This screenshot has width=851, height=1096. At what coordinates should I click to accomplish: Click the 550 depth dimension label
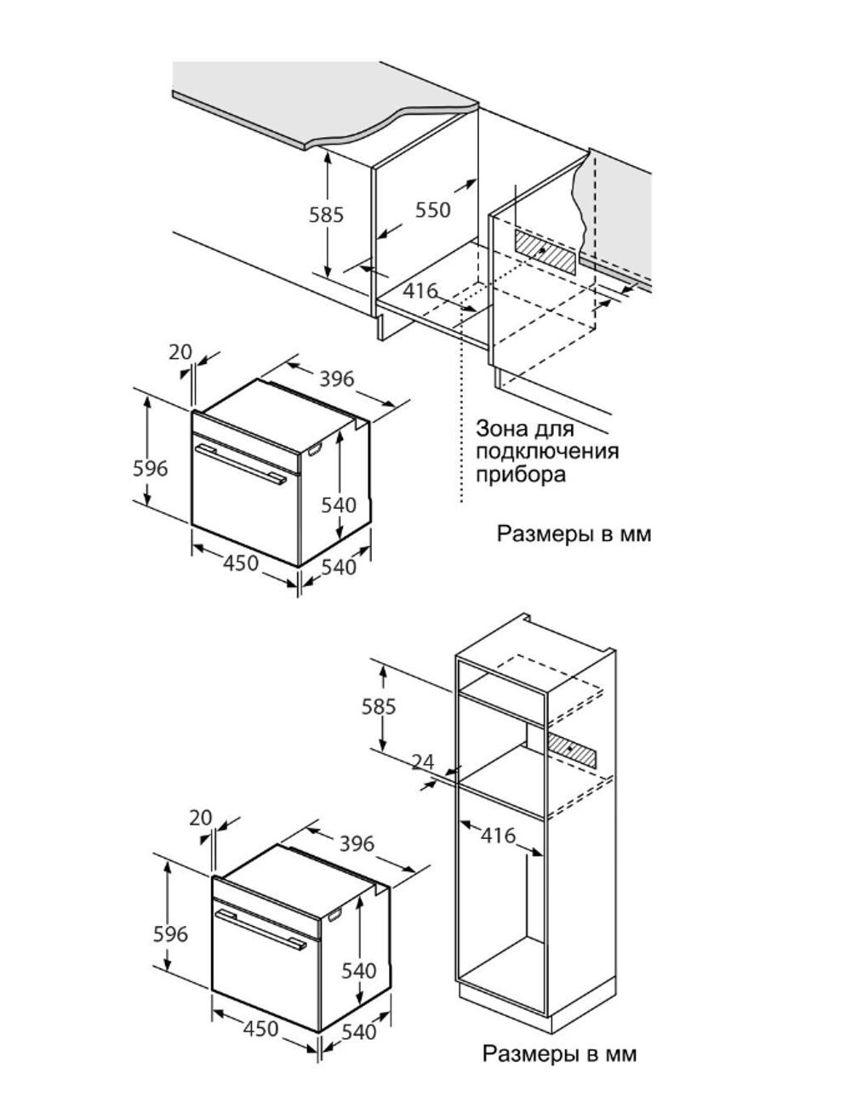pyautogui.click(x=432, y=210)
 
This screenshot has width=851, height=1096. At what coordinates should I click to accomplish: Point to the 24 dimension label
pyautogui.click(x=423, y=762)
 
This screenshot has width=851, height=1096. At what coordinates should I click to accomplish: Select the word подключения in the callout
pyautogui.click(x=547, y=451)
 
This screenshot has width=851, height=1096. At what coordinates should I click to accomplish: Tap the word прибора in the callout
pyautogui.click(x=521, y=474)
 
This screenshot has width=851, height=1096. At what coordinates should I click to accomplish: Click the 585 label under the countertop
pyautogui.click(x=327, y=215)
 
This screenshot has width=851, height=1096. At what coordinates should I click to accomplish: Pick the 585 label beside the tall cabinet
pyautogui.click(x=379, y=706)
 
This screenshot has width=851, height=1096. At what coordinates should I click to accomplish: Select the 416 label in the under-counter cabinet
pyautogui.click(x=420, y=291)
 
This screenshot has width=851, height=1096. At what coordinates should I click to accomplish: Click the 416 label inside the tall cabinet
pyautogui.click(x=498, y=836)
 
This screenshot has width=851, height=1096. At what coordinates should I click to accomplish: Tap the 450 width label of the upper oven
pyautogui.click(x=241, y=563)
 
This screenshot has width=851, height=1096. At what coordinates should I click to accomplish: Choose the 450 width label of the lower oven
pyautogui.click(x=260, y=1030)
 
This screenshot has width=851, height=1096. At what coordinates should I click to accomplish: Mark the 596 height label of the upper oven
pyautogui.click(x=150, y=469)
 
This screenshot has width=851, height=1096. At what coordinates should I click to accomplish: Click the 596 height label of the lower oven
pyautogui.click(x=170, y=934)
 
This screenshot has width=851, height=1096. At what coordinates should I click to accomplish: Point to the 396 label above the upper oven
pyautogui.click(x=336, y=379)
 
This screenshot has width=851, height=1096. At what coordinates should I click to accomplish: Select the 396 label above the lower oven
pyautogui.click(x=357, y=844)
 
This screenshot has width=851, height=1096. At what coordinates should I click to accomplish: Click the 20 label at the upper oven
pyautogui.click(x=180, y=352)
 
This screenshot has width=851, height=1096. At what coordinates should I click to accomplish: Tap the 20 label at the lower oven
pyautogui.click(x=201, y=818)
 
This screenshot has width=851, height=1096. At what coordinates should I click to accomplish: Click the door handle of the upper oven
pyautogui.click(x=240, y=464)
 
